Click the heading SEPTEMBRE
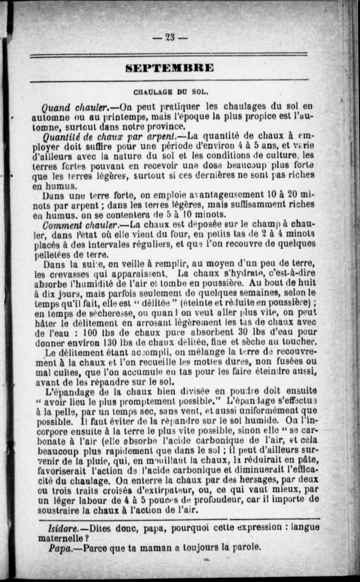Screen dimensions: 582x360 point(170,67)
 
